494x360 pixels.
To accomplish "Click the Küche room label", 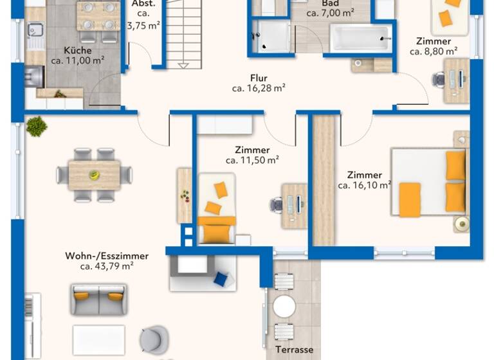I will (x=77, y=51).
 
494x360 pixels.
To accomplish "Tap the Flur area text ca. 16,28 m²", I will (x=259, y=89).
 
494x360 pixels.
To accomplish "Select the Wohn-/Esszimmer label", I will (x=106, y=255).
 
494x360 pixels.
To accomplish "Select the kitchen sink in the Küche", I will (x=35, y=30).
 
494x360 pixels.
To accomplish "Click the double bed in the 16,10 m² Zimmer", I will (x=427, y=183).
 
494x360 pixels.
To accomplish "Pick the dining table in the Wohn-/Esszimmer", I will (x=95, y=174).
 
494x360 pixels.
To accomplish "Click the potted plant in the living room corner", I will (x=36, y=126).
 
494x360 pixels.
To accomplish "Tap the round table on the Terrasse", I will (x=284, y=307).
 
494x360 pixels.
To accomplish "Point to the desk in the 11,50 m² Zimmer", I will (x=295, y=205).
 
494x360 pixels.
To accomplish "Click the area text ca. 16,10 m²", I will (x=364, y=185).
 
